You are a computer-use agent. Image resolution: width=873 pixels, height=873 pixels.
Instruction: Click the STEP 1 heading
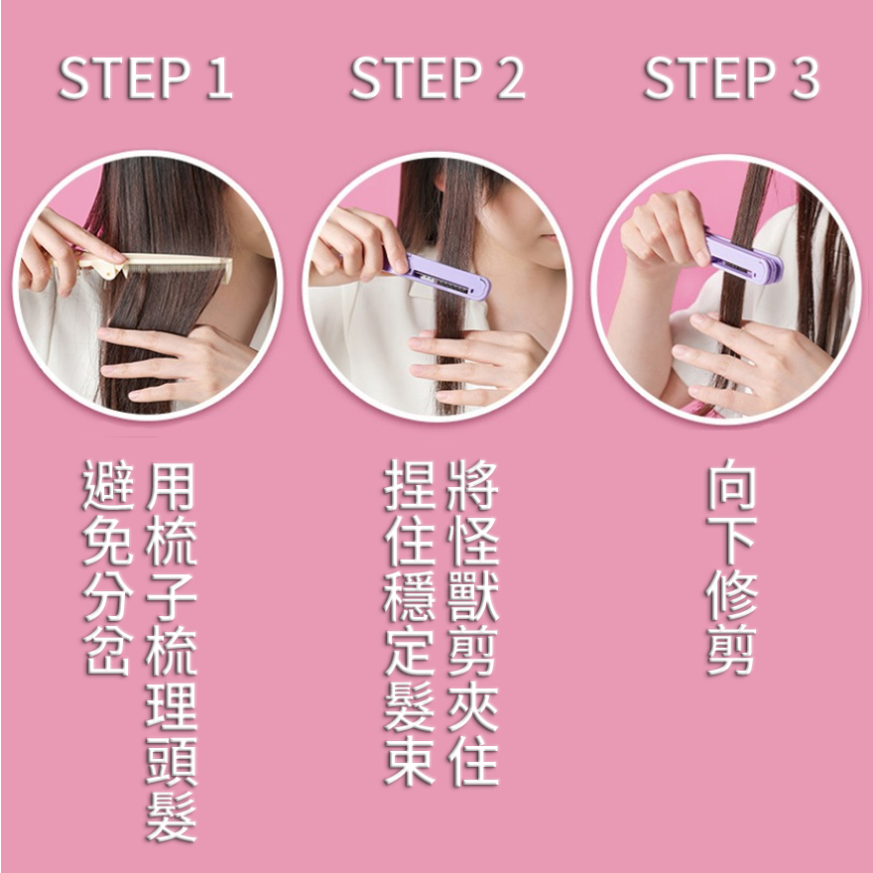pyautogui.click(x=146, y=78)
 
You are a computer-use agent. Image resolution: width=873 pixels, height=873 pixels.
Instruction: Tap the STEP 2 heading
pyautogui.click(x=437, y=78)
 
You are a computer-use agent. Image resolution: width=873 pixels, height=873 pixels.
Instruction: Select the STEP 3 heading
pyautogui.click(x=731, y=78)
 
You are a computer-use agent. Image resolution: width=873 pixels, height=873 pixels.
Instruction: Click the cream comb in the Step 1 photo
pyautogui.click(x=162, y=266)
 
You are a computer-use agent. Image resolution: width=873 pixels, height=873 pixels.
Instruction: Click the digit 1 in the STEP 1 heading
pyautogui.click(x=219, y=78)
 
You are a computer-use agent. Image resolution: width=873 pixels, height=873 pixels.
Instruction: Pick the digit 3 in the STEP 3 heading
pyautogui.click(x=806, y=78)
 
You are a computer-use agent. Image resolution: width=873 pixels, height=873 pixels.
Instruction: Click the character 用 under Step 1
pyautogui.click(x=171, y=487)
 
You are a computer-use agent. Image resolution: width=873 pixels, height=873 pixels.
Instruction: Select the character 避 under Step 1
pyautogui.click(x=108, y=485)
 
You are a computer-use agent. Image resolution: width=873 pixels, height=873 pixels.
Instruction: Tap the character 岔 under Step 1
pyautogui.click(x=108, y=651)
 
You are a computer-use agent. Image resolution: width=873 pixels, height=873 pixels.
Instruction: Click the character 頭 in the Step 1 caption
pyautogui.click(x=171, y=762)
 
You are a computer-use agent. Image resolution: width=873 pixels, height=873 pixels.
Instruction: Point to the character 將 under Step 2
pyautogui.click(x=472, y=485)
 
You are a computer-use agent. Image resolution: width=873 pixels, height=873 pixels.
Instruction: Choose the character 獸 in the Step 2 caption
pyautogui.click(x=472, y=596)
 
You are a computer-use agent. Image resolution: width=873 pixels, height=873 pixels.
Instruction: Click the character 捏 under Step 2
pyautogui.click(x=409, y=485)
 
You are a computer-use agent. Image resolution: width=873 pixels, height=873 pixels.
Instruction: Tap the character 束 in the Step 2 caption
pyautogui.click(x=409, y=761)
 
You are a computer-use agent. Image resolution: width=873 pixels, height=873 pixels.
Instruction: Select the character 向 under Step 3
pyautogui.click(x=731, y=485)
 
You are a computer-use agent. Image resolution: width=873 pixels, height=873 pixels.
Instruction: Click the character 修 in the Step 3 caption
pyautogui.click(x=731, y=596)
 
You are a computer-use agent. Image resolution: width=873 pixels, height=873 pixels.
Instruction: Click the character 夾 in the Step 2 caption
pyautogui.click(x=472, y=706)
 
